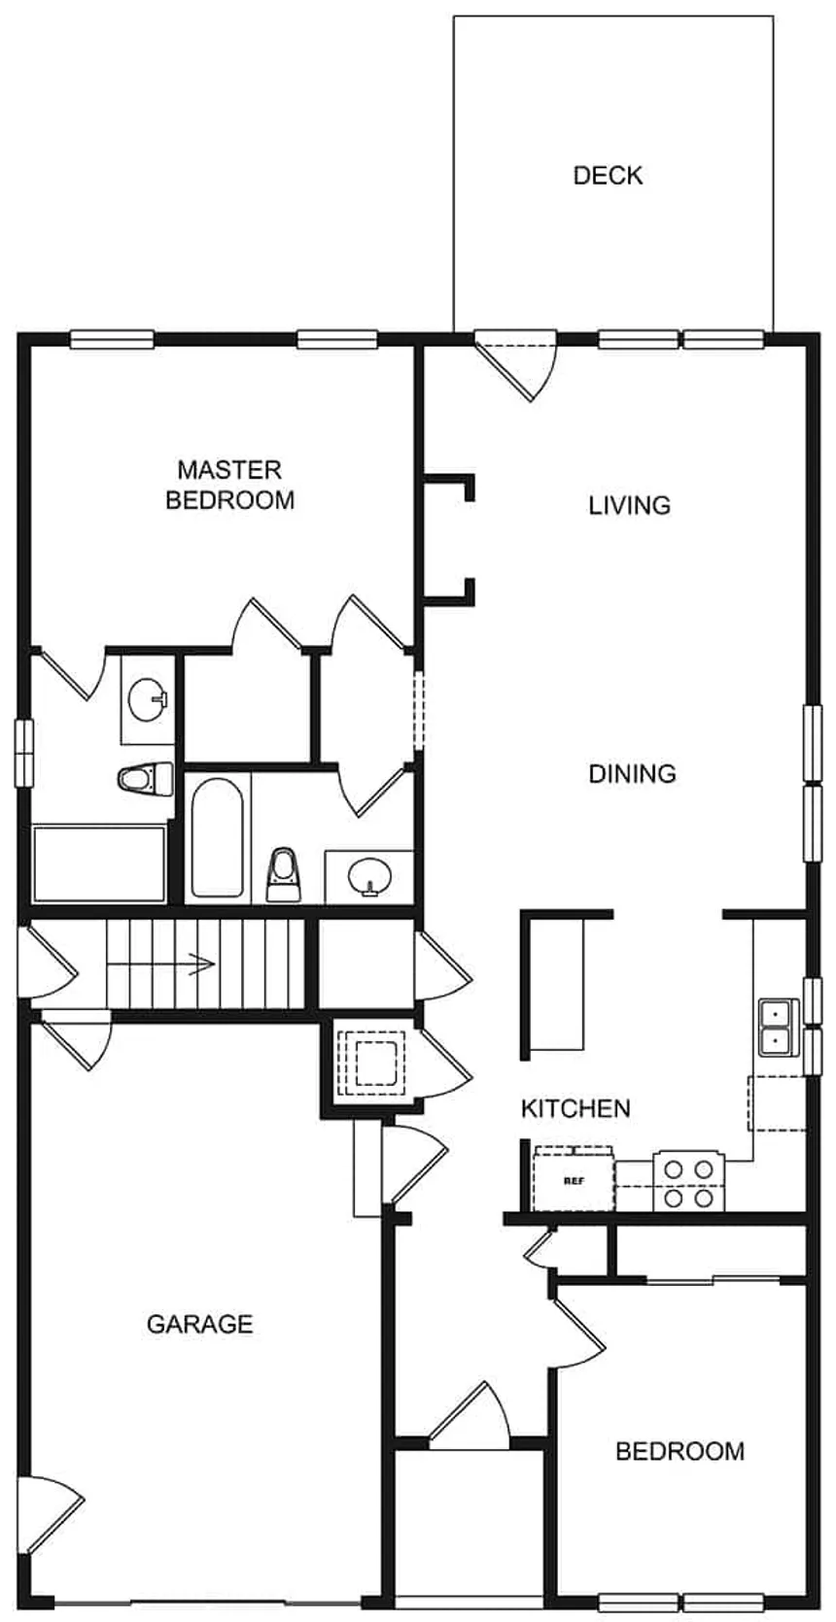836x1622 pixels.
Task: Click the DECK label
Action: click(608, 176)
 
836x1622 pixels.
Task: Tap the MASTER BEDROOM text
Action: click(229, 485)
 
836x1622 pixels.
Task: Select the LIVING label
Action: click(629, 505)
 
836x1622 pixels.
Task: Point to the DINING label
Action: click(632, 774)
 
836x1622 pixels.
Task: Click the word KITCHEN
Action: click(575, 1108)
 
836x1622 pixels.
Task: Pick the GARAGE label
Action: click(199, 1324)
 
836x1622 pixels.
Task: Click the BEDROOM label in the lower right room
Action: click(679, 1451)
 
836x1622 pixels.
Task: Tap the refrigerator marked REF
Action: click(574, 1181)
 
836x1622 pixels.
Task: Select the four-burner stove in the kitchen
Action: click(689, 1181)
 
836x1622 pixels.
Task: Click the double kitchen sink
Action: click(774, 1028)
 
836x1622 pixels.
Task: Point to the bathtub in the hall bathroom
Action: click(216, 835)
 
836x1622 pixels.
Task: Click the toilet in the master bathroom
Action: click(144, 779)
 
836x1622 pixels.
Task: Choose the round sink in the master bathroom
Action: click(148, 699)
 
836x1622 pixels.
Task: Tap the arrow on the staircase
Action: click(199, 964)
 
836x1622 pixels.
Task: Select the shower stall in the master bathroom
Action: click(98, 862)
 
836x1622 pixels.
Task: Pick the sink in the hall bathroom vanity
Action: click(369, 876)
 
